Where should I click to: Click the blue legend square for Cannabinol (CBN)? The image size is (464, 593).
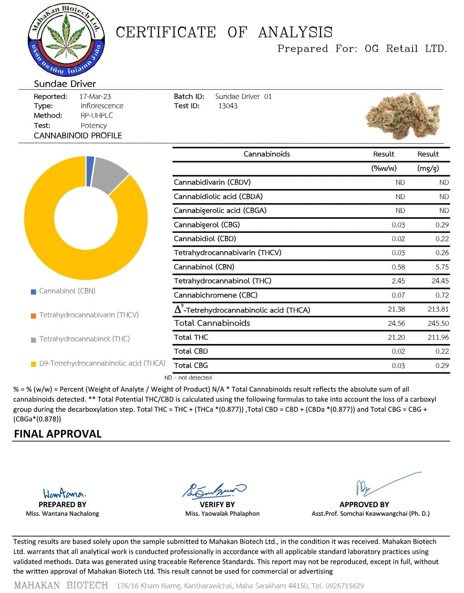(33, 291)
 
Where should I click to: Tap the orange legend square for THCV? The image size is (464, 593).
(33, 316)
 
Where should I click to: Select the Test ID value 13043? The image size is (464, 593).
(228, 106)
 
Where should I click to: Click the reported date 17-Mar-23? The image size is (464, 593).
(95, 96)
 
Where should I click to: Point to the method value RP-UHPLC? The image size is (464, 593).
(97, 116)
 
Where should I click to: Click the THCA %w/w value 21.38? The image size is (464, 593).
(396, 309)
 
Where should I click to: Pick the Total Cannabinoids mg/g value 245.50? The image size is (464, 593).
(438, 323)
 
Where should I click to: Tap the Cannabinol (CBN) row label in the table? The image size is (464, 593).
(204, 267)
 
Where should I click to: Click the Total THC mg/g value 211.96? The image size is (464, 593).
(438, 337)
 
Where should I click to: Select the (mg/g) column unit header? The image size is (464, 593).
(428, 168)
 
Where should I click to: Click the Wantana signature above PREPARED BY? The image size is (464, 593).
(64, 493)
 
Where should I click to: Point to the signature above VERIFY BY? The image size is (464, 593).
(214, 490)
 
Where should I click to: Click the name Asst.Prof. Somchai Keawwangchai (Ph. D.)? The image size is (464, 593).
(370, 514)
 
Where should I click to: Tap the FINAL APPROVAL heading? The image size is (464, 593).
(58, 434)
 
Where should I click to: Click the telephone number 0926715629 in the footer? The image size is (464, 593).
(344, 586)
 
